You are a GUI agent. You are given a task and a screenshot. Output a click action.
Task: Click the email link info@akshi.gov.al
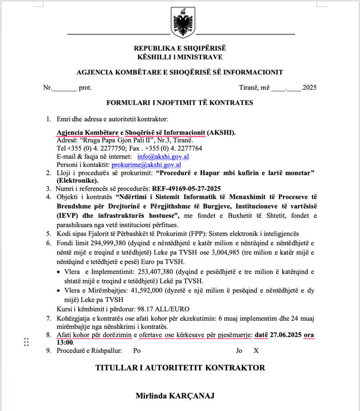[163, 157]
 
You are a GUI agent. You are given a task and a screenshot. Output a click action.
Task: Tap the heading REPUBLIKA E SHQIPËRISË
[180, 49]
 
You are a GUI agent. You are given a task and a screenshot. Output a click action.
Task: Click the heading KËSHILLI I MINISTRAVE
[180, 57]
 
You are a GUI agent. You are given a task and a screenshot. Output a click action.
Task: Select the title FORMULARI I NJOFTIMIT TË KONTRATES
[180, 103]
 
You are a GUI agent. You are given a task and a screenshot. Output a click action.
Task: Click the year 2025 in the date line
[309, 87]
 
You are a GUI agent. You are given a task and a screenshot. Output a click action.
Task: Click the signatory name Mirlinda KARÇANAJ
[175, 396]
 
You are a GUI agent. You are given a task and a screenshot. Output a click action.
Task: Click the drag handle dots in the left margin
[26, 342]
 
